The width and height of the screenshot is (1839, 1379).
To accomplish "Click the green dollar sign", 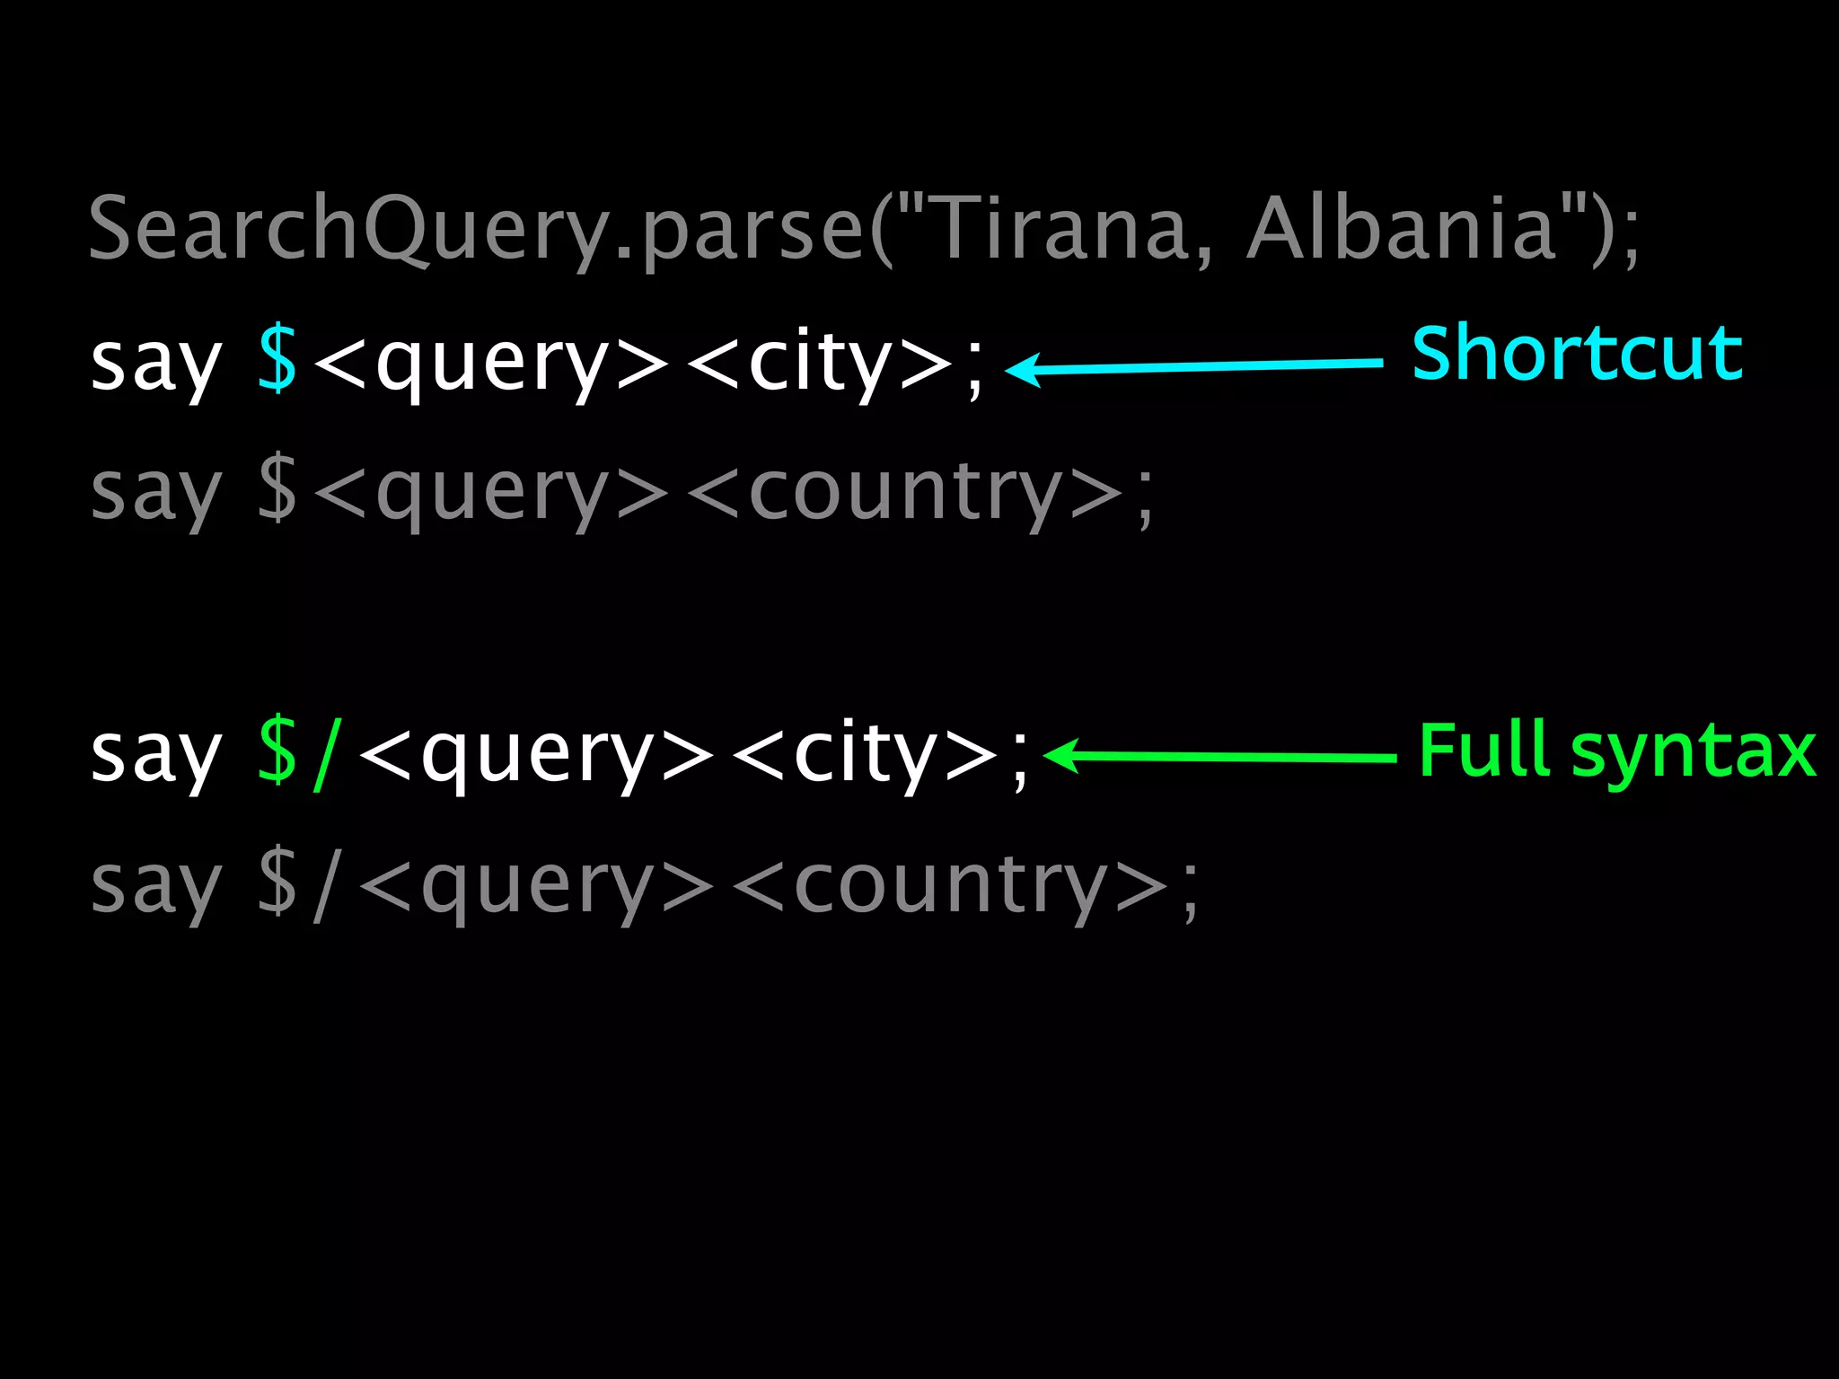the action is (277, 752).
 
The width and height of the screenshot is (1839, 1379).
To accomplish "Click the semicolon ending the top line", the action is (1629, 235).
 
